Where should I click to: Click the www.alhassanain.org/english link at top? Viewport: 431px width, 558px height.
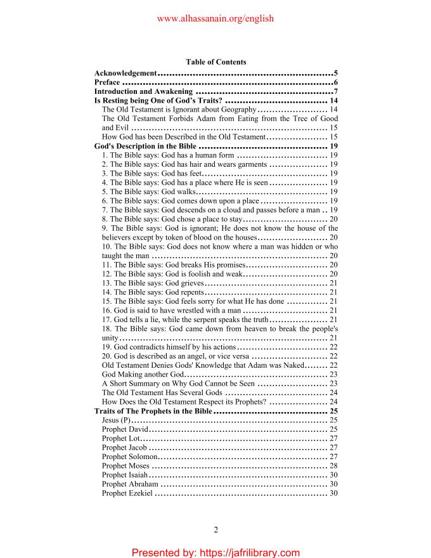pyautogui.click(x=215, y=18)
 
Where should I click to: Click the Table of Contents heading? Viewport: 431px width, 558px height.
pyautogui.click(x=215, y=62)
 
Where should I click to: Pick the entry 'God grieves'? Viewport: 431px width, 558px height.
pyautogui.click(x=153, y=283)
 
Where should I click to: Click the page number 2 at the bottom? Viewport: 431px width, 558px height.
pyautogui.click(x=215, y=530)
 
